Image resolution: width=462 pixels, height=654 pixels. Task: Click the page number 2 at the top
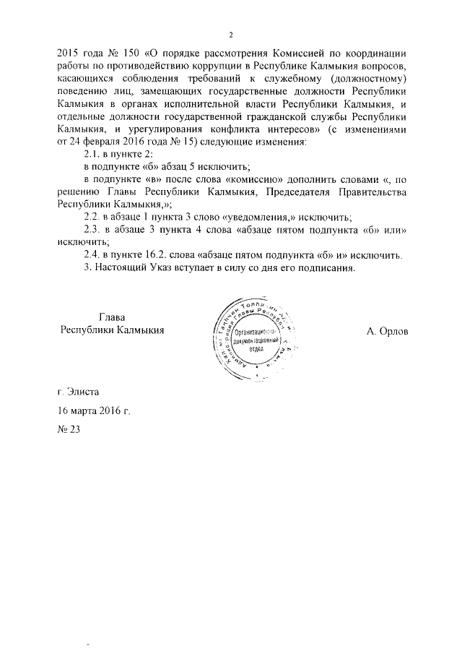click(x=231, y=35)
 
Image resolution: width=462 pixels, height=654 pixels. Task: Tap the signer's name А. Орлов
click(x=387, y=330)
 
